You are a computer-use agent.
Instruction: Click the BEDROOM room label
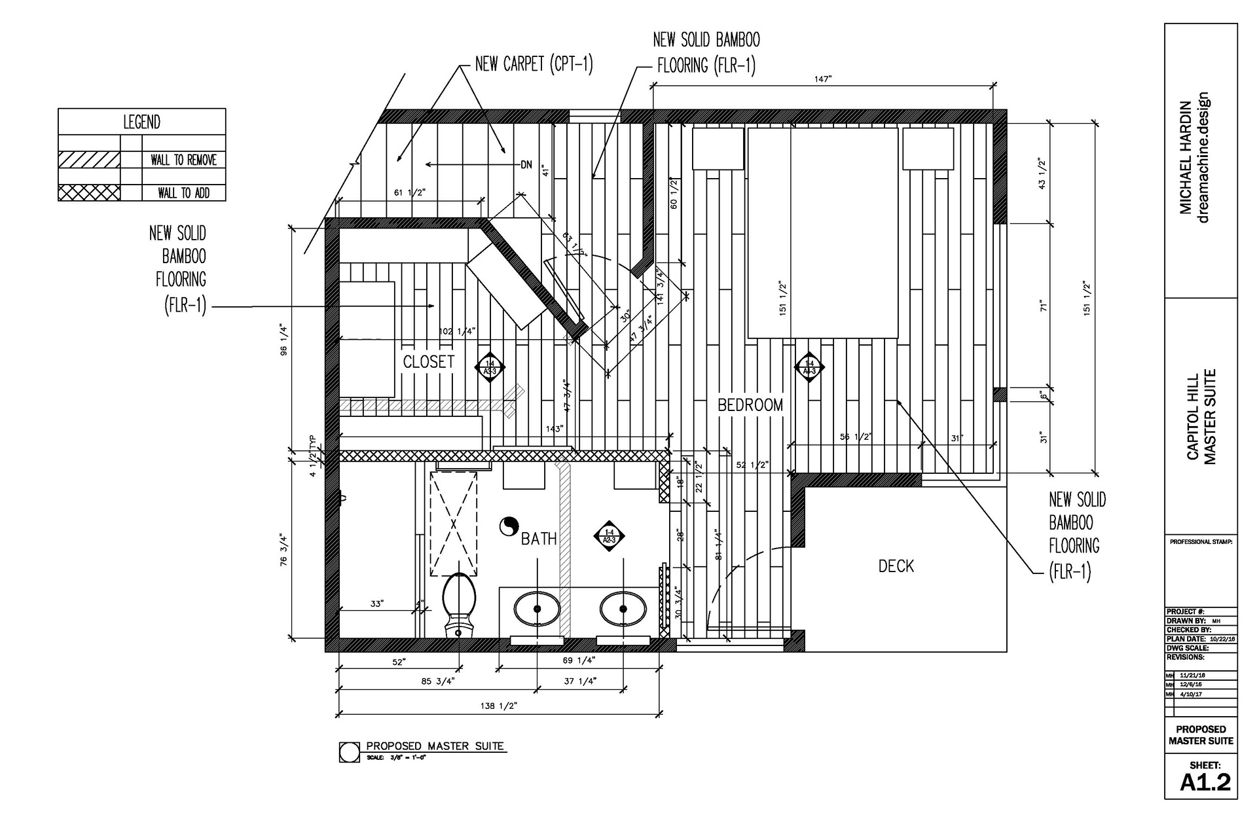tap(750, 405)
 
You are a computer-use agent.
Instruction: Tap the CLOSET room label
tap(428, 362)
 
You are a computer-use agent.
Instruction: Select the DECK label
tap(896, 566)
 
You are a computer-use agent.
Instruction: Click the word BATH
tap(538, 539)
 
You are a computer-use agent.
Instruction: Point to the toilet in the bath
tap(458, 602)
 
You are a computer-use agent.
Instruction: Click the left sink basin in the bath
tap(537, 609)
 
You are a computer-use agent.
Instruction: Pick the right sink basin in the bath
tap(623, 609)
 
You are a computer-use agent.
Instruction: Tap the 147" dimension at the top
tap(822, 79)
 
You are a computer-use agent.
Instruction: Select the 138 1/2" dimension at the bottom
tap(500, 706)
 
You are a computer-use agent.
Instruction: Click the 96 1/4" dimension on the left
tap(283, 341)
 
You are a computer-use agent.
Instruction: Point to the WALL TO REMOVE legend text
tap(183, 160)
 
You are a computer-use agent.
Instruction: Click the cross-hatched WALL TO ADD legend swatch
tap(89, 192)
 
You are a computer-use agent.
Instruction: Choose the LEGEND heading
tap(141, 122)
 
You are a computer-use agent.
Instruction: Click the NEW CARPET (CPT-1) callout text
tap(534, 64)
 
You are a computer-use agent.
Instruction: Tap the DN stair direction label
tap(526, 165)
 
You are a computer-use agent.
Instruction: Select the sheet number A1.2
tap(1205, 782)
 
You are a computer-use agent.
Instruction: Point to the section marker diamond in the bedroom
tap(809, 367)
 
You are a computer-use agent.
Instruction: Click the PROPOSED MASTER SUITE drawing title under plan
tap(435, 746)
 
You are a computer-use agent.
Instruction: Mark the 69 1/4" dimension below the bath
tap(579, 661)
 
